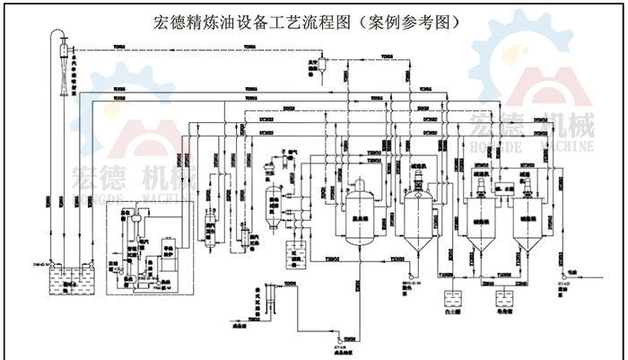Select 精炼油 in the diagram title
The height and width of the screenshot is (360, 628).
coord(215,21)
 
